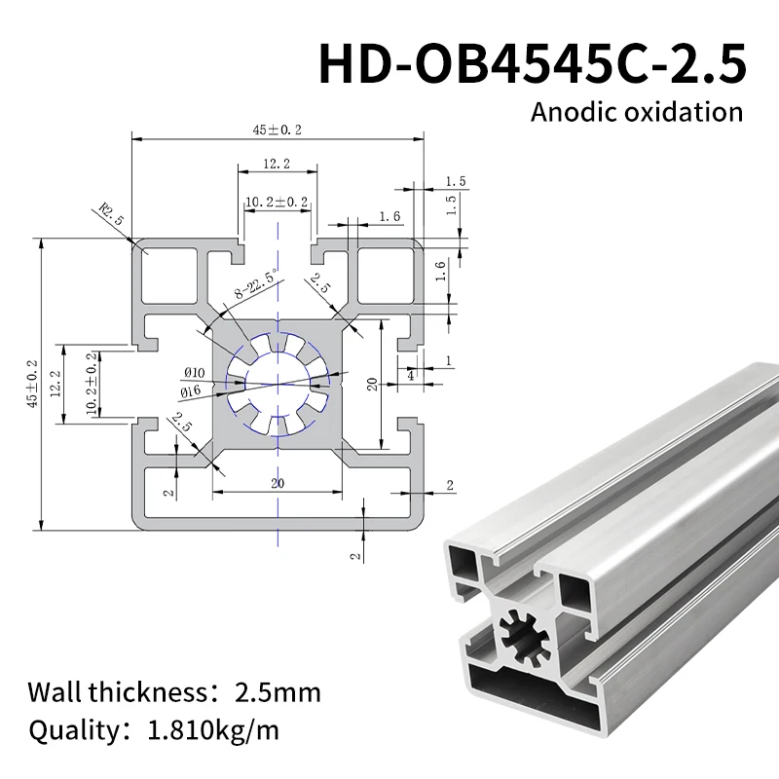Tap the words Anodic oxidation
[x=636, y=110]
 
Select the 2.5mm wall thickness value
[x=278, y=693]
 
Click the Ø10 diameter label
[x=193, y=372]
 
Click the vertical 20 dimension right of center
[x=372, y=383]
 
